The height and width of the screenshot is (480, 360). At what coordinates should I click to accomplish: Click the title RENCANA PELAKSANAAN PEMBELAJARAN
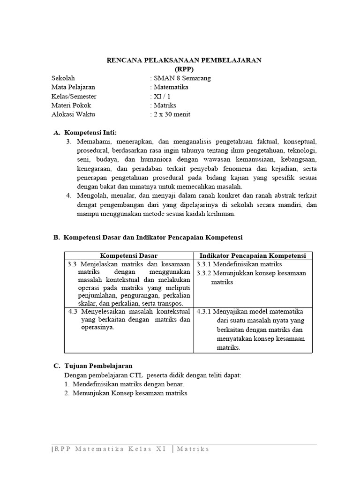pyautogui.click(x=184, y=60)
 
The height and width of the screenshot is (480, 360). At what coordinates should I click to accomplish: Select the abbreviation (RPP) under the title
pyautogui.click(x=184, y=69)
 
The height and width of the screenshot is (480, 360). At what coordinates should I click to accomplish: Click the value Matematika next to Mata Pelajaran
pyautogui.click(x=171, y=87)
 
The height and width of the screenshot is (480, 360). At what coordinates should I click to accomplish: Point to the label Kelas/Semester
pyautogui.click(x=74, y=96)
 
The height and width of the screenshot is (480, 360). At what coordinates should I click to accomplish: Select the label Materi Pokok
pyautogui.click(x=71, y=105)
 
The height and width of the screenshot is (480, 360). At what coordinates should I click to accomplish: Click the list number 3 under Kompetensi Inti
pyautogui.click(x=68, y=142)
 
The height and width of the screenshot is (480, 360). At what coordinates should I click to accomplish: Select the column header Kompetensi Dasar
pyautogui.click(x=129, y=255)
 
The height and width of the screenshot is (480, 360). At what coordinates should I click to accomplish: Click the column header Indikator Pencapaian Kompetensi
pyautogui.click(x=253, y=255)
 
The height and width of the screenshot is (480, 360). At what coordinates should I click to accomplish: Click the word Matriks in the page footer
pyautogui.click(x=193, y=449)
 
